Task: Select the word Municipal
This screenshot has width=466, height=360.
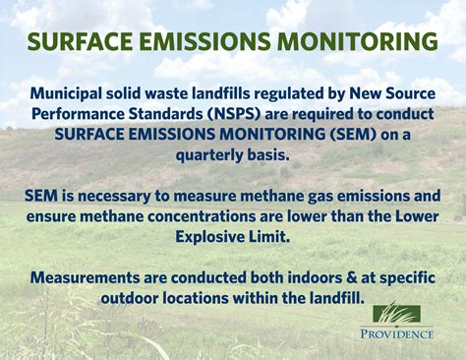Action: (70, 94)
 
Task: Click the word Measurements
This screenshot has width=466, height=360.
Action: (95, 278)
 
